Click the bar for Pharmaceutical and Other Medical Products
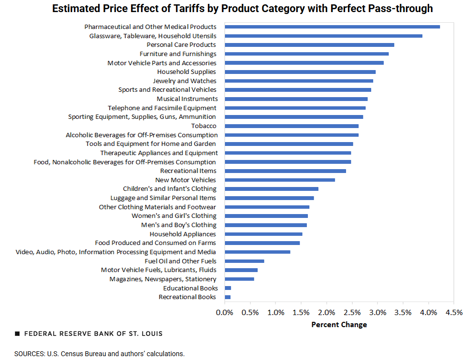[x=332, y=27]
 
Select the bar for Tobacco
[x=291, y=126]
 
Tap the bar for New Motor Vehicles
[x=280, y=180]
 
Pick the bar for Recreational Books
[x=228, y=297]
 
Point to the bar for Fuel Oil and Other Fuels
[x=245, y=261]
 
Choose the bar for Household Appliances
[x=263, y=234]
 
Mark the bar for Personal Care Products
[x=309, y=44]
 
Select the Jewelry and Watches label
[x=185, y=81]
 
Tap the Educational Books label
[x=190, y=288]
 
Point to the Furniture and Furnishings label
[x=178, y=54]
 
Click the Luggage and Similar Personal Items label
[x=163, y=198]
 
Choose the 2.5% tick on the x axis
[x=352, y=312]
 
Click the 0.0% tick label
[x=225, y=312]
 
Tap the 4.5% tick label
[x=454, y=312]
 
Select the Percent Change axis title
[x=339, y=325]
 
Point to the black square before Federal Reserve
[x=17, y=334]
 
